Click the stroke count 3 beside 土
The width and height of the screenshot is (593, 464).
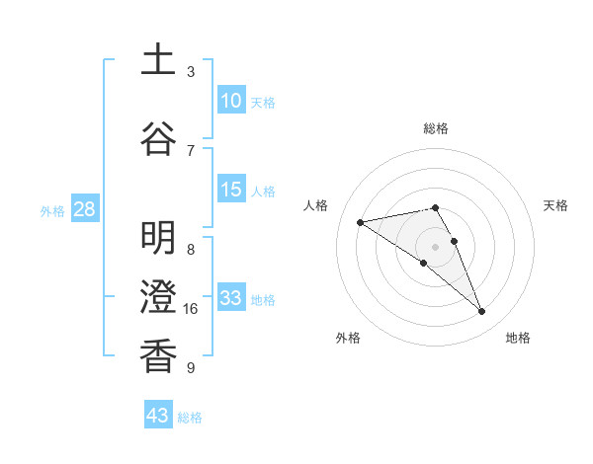tap(191, 72)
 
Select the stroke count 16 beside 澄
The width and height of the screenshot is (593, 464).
tap(191, 309)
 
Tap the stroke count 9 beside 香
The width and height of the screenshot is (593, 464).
tap(191, 368)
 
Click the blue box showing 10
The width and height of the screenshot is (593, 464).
tap(231, 101)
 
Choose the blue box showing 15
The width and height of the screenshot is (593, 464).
tap(231, 190)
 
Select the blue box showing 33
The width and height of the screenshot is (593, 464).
tap(231, 298)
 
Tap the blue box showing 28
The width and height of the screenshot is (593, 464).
tap(84, 209)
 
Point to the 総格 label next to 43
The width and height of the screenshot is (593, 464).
tap(190, 418)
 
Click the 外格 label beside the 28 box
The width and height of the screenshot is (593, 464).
tap(52, 210)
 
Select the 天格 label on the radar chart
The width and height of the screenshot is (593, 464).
tap(555, 205)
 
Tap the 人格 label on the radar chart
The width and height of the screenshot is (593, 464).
tap(315, 205)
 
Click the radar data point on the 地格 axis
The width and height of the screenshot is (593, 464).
tap(482, 312)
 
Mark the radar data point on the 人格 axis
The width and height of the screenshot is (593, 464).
tap(360, 221)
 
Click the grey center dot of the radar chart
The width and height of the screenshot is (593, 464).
tap(435, 246)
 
